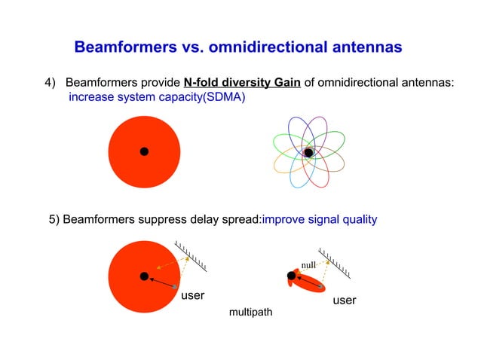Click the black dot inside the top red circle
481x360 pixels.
point(144,151)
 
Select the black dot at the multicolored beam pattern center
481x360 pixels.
point(308,153)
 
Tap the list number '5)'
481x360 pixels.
point(54,220)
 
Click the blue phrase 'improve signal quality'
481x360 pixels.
point(319,220)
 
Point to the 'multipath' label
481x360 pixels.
point(251,312)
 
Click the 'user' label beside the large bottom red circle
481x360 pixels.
point(193,295)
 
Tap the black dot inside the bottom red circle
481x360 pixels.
point(144,276)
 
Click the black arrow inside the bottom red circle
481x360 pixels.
point(161,282)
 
